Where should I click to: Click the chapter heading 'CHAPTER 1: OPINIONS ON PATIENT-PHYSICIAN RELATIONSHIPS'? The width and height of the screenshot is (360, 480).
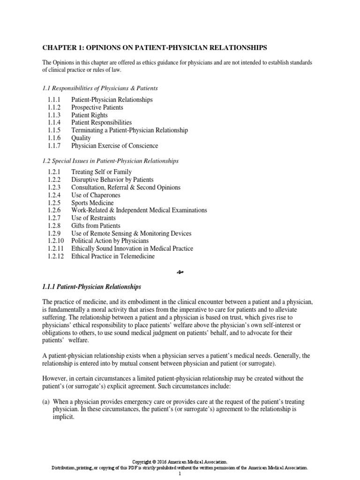(155, 47)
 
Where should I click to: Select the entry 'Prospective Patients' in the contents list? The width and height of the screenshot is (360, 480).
(97, 107)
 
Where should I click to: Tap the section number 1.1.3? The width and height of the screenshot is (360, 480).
(54, 115)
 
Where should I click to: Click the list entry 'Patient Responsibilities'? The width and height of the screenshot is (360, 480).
(101, 122)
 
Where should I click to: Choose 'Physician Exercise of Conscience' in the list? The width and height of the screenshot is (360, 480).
(114, 145)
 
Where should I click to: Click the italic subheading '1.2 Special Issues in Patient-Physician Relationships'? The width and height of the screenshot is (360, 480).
(111, 161)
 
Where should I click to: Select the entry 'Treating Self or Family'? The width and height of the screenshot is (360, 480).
(101, 172)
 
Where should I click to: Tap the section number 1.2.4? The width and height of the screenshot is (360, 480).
(54, 195)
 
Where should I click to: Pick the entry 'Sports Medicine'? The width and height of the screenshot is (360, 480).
(92, 203)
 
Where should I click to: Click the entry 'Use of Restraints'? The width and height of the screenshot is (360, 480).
(93, 218)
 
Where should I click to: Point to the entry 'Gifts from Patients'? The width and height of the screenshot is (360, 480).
(96, 226)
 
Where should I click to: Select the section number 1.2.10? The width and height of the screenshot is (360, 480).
(56, 241)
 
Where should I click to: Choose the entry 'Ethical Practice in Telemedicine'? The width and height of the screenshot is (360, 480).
(113, 256)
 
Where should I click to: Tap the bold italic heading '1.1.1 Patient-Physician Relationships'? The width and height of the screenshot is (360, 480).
(91, 286)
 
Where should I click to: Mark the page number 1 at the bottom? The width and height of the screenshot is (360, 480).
(180, 474)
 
